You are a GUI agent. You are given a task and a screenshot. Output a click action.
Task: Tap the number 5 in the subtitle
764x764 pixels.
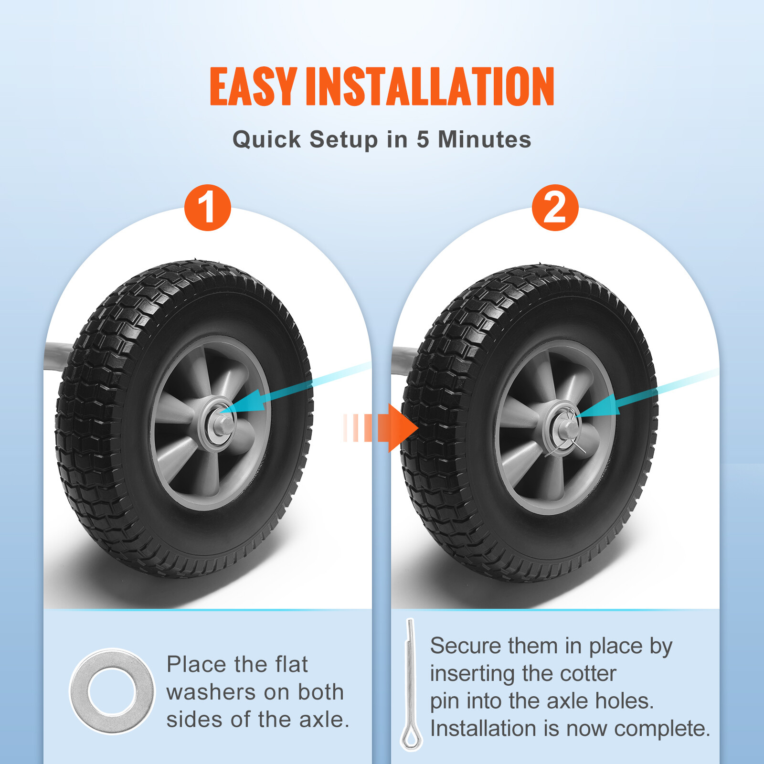(423, 139)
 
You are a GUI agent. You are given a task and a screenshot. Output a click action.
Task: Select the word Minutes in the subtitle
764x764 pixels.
(484, 139)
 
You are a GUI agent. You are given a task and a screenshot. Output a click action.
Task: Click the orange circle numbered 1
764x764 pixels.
(208, 208)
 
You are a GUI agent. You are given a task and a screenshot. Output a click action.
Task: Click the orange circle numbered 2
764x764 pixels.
(555, 208)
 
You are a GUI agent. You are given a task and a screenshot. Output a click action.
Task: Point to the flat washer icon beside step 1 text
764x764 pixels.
(112, 691)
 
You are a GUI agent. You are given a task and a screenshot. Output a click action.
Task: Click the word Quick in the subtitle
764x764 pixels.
(266, 140)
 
